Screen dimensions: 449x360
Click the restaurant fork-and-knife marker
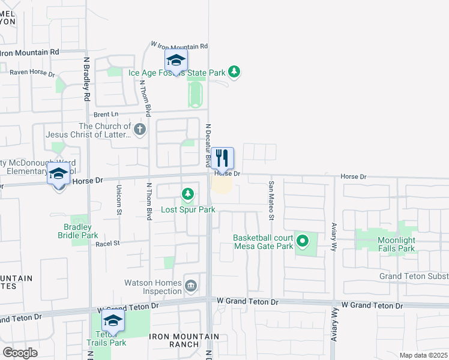point(222,158)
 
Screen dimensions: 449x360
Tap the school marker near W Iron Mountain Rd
point(176,61)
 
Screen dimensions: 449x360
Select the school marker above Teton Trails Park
point(113,320)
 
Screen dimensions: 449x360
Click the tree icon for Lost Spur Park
point(188,194)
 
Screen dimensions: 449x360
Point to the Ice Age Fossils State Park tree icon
point(234,73)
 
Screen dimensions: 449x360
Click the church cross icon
point(139,130)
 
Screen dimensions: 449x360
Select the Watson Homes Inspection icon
point(191,284)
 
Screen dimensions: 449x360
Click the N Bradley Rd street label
point(87,79)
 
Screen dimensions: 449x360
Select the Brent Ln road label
point(106,114)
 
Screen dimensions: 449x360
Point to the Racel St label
point(108,243)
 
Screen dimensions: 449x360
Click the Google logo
point(20,352)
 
